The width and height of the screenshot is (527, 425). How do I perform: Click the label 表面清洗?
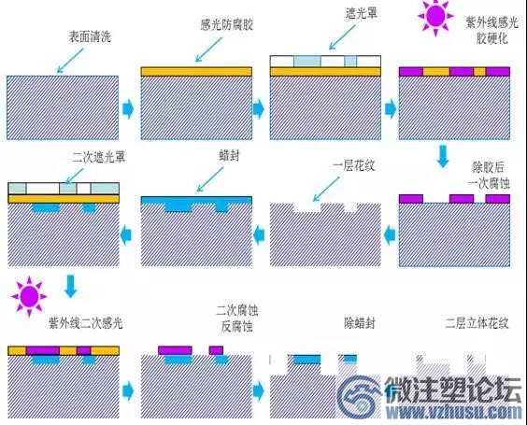90,36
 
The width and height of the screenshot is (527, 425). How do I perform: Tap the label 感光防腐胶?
226,25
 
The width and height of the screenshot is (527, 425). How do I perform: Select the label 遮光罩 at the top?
362,13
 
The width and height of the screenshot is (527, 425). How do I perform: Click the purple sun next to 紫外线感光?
435,16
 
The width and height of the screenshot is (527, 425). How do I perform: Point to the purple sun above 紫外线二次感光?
29,297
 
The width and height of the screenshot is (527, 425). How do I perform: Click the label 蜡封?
229,156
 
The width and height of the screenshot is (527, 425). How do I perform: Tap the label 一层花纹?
353,165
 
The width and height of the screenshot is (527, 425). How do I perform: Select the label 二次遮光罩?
99,157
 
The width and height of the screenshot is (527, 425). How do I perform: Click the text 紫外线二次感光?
86,323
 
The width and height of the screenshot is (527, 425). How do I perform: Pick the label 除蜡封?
360,323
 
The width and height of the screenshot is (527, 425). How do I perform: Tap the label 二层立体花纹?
477,323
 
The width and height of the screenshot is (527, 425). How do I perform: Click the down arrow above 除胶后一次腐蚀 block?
443,156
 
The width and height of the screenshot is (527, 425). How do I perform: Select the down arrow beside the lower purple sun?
71,286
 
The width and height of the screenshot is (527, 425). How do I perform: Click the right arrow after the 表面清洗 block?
128,108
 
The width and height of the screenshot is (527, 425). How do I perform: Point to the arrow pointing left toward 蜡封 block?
259,234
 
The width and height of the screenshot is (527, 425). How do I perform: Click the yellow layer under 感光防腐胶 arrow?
196,72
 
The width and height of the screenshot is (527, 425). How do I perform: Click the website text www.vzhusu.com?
454,412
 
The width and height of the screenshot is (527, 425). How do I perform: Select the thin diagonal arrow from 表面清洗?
70,61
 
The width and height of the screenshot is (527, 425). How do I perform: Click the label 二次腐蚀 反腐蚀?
237,318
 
